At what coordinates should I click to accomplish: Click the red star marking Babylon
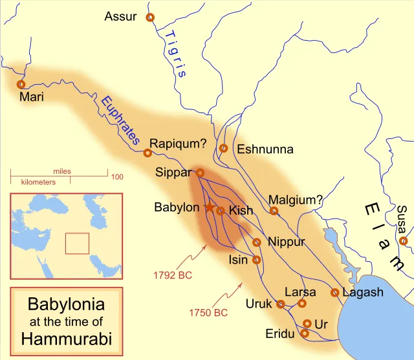click(x=209, y=207)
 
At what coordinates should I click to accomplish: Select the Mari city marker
click(x=21, y=84)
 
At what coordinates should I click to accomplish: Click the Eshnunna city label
click(x=265, y=149)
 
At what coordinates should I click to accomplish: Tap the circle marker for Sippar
click(x=201, y=173)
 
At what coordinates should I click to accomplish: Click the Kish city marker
click(x=220, y=211)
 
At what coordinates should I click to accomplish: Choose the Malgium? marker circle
click(x=274, y=211)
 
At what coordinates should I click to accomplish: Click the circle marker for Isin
click(x=257, y=260)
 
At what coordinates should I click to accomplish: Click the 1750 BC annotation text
click(x=208, y=313)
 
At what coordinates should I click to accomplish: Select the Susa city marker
click(x=403, y=241)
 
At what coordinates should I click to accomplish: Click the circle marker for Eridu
click(x=305, y=334)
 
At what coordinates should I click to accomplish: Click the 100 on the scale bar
click(x=117, y=176)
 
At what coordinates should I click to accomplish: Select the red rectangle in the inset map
click(x=77, y=243)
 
